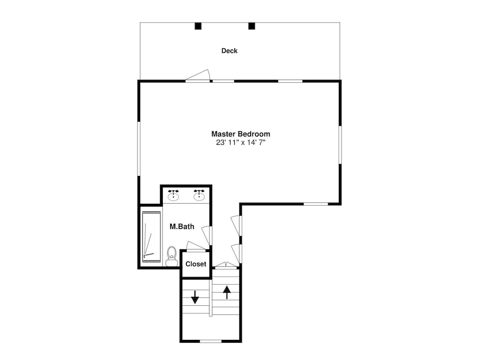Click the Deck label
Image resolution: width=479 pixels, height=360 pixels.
pyautogui.click(x=229, y=51)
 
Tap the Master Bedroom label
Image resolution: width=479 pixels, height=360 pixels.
pyautogui.click(x=241, y=134)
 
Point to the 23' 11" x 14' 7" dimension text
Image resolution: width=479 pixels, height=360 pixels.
pyautogui.click(x=241, y=142)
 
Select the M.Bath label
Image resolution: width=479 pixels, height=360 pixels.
pyautogui.click(x=182, y=226)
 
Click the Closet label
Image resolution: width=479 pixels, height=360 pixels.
pyautogui.click(x=196, y=264)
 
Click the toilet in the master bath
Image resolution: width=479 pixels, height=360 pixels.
pyautogui.click(x=171, y=256)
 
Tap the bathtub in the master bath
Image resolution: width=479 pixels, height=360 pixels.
pyautogui.click(x=151, y=236)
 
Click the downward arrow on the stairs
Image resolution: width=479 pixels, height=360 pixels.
pyautogui.click(x=194, y=297)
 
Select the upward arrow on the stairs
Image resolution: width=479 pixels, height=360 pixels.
pyautogui.click(x=227, y=292)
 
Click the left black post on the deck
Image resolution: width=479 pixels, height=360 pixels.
pyautogui.click(x=198, y=26)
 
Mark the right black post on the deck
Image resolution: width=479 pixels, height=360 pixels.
pyautogui.click(x=251, y=26)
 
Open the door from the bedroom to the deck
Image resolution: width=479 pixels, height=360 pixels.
pyautogui.click(x=198, y=76)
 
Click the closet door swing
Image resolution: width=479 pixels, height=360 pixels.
pyautogui.click(x=195, y=246)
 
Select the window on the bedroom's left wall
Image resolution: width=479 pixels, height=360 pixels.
pyautogui.click(x=138, y=149)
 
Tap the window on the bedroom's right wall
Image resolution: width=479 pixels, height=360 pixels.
pyautogui.click(x=340, y=145)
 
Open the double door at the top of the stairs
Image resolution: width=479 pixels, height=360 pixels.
pyautogui.click(x=226, y=265)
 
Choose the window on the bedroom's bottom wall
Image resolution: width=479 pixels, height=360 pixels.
pyautogui.click(x=316, y=204)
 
